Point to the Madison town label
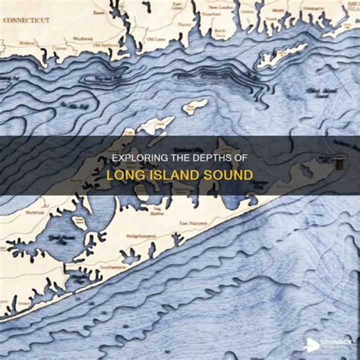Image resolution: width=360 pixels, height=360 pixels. click(x=27, y=43)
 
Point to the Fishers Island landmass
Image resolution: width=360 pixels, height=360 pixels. click(x=281, y=55)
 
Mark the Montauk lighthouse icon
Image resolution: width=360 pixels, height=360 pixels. click(x=340, y=162)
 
